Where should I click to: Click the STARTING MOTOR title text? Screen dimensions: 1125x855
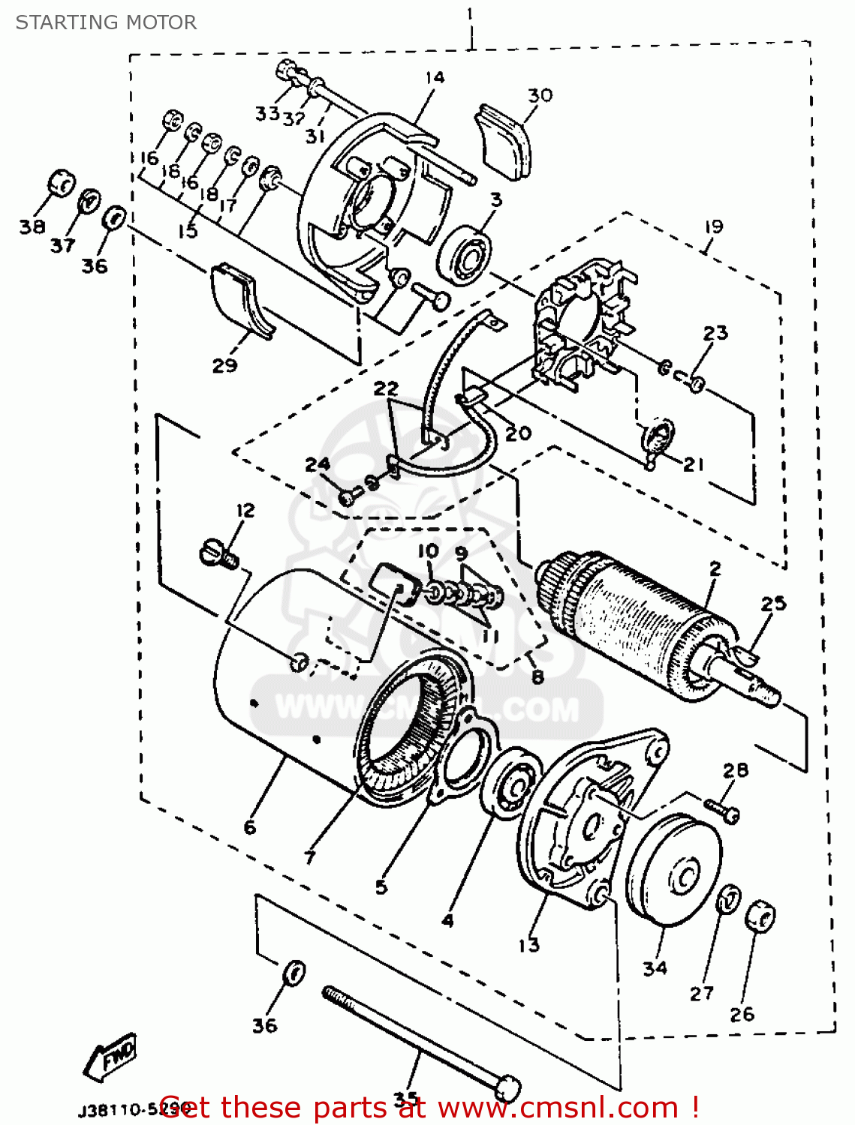point(106,22)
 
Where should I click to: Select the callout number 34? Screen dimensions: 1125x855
point(655,968)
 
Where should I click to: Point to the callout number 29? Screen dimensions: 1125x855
point(224,365)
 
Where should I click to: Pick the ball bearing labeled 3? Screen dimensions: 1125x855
point(465,254)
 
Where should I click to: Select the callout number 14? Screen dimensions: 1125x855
point(434,78)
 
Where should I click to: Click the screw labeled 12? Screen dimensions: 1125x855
point(218,556)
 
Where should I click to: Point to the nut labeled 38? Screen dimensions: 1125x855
point(60,184)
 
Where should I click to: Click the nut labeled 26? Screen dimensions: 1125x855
point(760,916)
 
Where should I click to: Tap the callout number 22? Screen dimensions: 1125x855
point(386,388)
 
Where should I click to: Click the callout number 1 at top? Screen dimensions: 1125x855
point(470,13)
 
